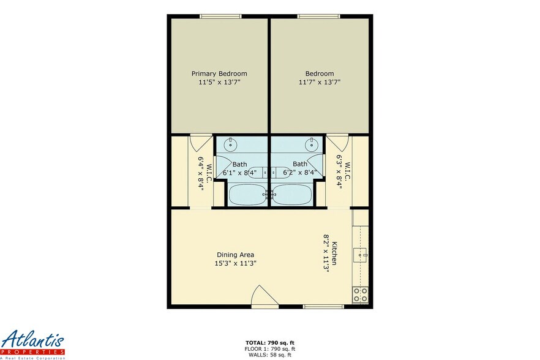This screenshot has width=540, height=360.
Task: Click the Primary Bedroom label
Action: coord(219,73)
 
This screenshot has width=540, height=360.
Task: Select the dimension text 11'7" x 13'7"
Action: coord(320,82)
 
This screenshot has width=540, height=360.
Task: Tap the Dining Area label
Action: coord(235,255)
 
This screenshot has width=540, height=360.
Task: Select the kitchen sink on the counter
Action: coord(362,253)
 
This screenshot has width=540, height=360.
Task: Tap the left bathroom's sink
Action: coord(230,145)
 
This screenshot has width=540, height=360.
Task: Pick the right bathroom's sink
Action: coord(312,145)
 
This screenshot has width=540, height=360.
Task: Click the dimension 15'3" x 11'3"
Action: coord(235,263)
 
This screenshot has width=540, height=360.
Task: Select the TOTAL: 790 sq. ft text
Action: coord(270,343)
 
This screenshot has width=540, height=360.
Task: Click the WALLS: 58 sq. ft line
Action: coord(270,354)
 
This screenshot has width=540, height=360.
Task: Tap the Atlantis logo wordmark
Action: coord(32,340)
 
